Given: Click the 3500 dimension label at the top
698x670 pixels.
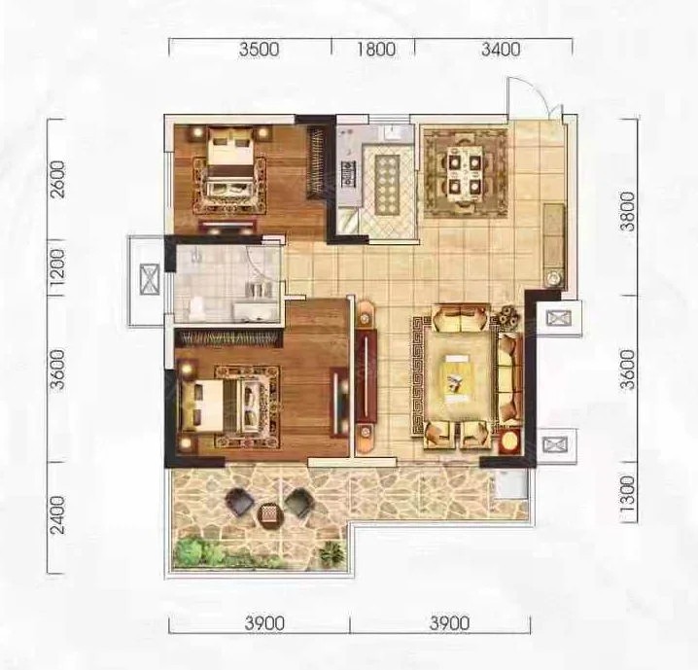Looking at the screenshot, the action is (x=260, y=49).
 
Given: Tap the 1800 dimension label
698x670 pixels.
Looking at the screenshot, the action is (x=376, y=49).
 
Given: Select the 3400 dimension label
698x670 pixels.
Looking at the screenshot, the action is (x=501, y=49).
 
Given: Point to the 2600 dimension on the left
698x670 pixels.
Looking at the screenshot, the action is (x=57, y=179).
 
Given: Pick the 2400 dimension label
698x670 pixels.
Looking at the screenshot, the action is (x=57, y=515).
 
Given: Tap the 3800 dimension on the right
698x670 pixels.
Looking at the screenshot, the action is (x=628, y=211).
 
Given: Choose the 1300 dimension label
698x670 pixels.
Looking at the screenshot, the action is (x=628, y=495).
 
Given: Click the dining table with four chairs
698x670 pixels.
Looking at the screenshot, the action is (x=465, y=174).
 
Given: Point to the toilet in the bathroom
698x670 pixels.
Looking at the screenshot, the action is (x=196, y=308).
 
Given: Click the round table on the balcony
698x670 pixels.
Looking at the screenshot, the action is (x=271, y=515).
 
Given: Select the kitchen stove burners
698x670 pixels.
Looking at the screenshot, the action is (x=348, y=174).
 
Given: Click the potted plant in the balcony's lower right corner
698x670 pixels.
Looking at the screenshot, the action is (x=332, y=553).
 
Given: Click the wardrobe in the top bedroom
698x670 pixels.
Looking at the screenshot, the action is (x=317, y=162).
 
